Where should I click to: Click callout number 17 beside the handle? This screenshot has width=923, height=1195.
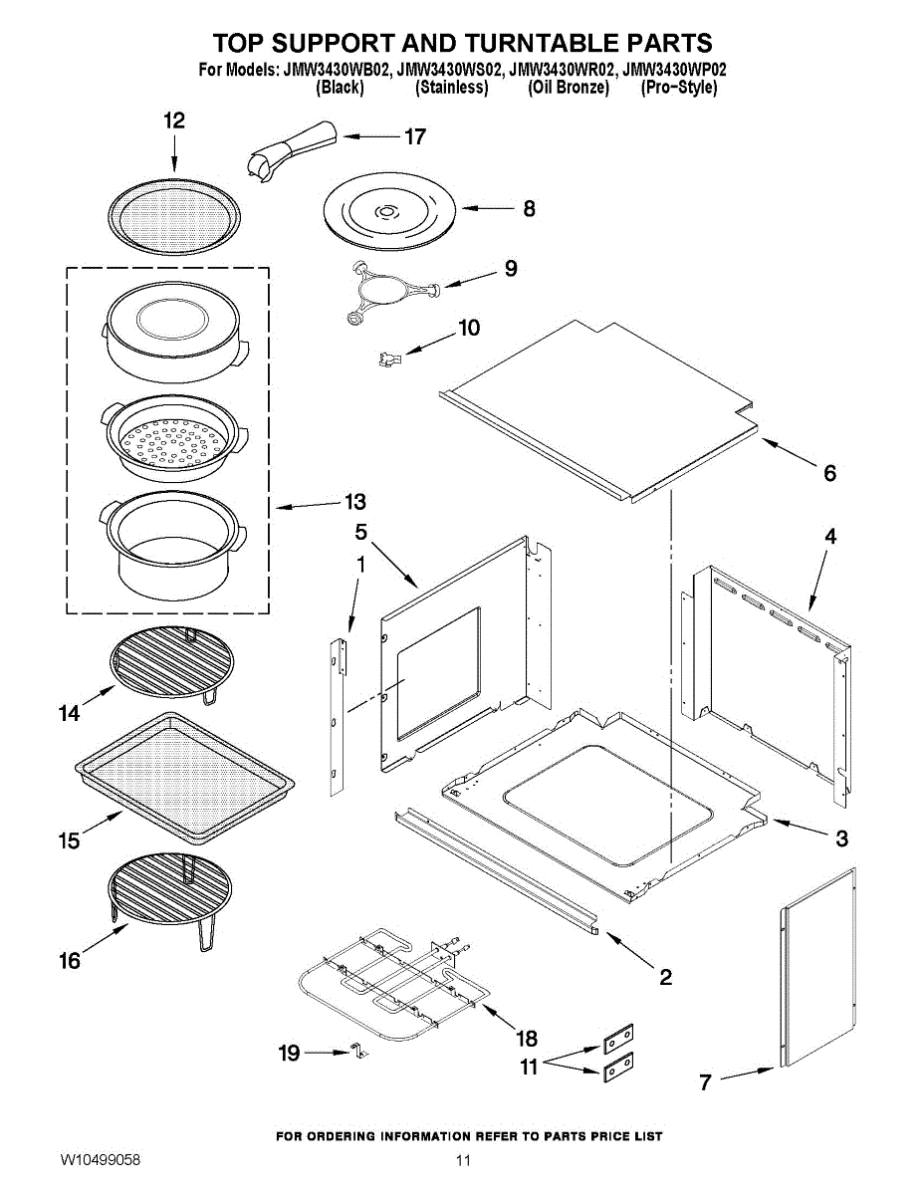(x=415, y=137)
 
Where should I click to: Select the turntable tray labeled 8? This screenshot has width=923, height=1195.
(x=388, y=212)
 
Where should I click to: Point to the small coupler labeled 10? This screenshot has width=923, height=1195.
(x=387, y=356)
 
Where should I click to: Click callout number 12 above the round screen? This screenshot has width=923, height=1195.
(x=174, y=120)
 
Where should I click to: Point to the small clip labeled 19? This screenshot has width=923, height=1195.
(x=353, y=1052)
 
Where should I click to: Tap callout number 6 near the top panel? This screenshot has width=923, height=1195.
(x=829, y=473)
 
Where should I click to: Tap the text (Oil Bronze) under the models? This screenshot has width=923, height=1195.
(x=569, y=88)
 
